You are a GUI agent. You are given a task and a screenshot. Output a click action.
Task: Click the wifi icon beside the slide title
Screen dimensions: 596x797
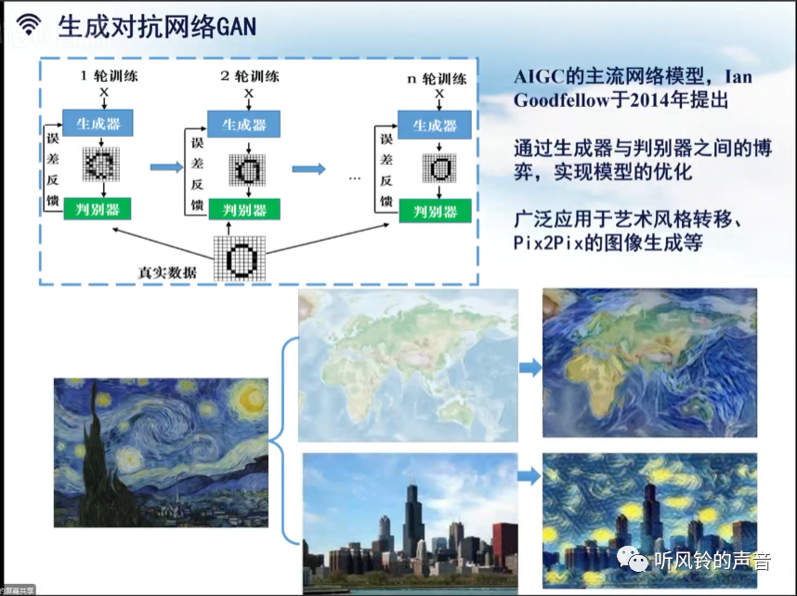pos(29,24)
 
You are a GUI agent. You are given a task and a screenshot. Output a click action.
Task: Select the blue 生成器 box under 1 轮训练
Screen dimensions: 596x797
pos(98,123)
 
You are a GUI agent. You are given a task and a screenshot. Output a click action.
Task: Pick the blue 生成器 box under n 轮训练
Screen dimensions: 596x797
pos(435,125)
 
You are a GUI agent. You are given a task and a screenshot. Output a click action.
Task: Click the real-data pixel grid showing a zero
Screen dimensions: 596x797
pos(240,258)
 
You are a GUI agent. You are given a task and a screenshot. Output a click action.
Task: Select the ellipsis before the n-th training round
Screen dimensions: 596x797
pos(354,176)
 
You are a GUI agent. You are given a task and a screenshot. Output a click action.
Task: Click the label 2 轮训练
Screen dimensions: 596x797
pos(249,76)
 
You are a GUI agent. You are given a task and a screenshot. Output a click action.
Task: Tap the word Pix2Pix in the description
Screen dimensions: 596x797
pos(549,244)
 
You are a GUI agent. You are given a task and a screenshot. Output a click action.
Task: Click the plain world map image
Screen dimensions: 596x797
pos(408,363)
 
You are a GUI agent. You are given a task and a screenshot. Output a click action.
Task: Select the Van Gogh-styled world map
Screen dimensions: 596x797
pos(649,362)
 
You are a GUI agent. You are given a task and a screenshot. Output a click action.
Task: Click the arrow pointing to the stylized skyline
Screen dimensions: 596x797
pos(529,477)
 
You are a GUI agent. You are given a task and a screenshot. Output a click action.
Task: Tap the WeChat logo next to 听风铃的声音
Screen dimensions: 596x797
pos(635,560)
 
